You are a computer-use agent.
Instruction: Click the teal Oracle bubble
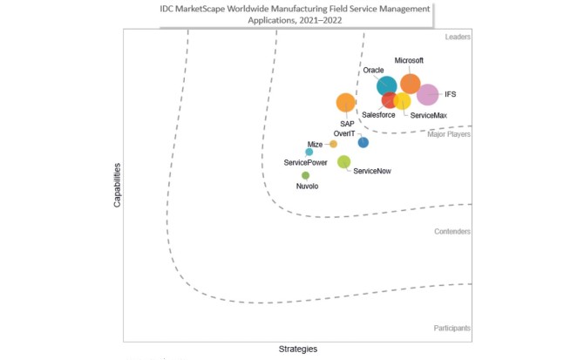pyautogui.click(x=386, y=85)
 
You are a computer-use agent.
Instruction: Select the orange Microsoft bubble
pyautogui.click(x=410, y=84)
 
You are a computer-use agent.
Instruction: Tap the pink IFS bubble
pyautogui.click(x=427, y=94)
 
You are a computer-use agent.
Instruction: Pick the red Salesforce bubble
pyautogui.click(x=390, y=100)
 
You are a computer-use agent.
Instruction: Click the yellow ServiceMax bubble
pyautogui.click(x=402, y=101)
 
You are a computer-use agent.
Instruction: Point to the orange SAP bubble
pyautogui.click(x=346, y=103)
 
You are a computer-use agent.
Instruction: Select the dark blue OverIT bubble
pyautogui.click(x=363, y=142)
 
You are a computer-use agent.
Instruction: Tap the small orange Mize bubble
pyautogui.click(x=333, y=144)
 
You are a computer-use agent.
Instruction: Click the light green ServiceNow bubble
pyautogui.click(x=343, y=161)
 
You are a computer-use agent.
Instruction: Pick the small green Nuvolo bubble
pyautogui.click(x=306, y=175)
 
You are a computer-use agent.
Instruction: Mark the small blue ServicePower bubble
pyautogui.click(x=309, y=152)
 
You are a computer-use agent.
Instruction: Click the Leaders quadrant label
pyautogui.click(x=458, y=37)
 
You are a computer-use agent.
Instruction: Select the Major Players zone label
pyautogui.click(x=448, y=134)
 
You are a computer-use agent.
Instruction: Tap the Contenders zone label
pyautogui.click(x=452, y=231)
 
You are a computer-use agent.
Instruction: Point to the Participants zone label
pyautogui.click(x=452, y=328)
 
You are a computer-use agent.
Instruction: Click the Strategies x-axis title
pyautogui.click(x=297, y=349)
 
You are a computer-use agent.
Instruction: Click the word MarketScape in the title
pyautogui.click(x=241, y=8)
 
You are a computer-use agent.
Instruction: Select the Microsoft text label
pyautogui.click(x=409, y=61)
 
